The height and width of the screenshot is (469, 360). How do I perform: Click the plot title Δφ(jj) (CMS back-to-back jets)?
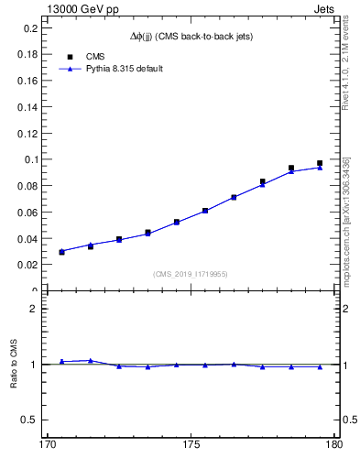pyautogui.click(x=191, y=36)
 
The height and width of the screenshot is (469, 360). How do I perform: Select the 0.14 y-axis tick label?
pyautogui.click(x=28, y=107)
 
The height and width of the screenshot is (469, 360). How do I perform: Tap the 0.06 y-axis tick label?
pyautogui.click(x=28, y=213)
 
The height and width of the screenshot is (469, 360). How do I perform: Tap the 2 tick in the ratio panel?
pyautogui.click(x=37, y=309)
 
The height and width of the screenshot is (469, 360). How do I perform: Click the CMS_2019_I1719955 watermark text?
pyautogui.click(x=191, y=274)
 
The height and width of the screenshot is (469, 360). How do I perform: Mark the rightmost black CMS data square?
pyautogui.click(x=320, y=163)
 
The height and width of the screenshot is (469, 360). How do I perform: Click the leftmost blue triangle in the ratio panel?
pyautogui.click(x=61, y=362)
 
